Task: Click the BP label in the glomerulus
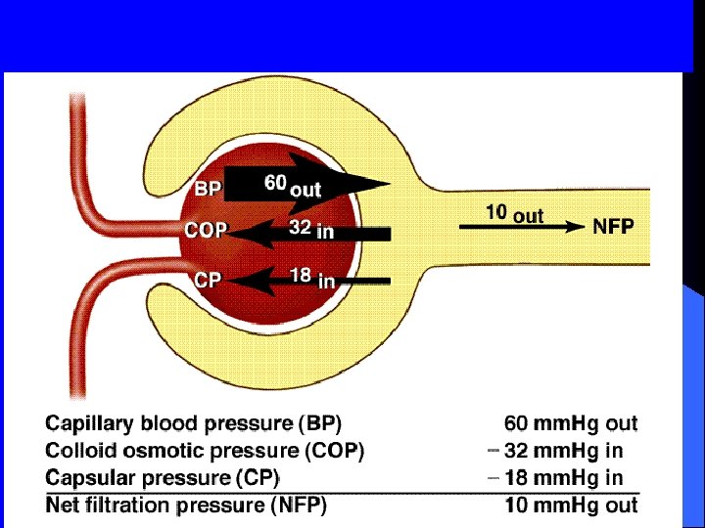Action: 208,189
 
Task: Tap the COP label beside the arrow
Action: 206,232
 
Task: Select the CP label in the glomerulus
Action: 207,280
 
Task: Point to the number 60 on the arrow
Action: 275,182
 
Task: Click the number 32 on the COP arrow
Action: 300,228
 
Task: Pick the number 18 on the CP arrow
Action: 300,276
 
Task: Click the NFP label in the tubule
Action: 613,226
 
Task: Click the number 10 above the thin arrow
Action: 497,211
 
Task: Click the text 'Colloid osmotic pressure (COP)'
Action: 205,451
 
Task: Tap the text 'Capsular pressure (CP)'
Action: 163,478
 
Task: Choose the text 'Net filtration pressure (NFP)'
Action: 186,506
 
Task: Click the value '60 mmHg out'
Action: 570,424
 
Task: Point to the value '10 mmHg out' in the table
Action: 570,506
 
